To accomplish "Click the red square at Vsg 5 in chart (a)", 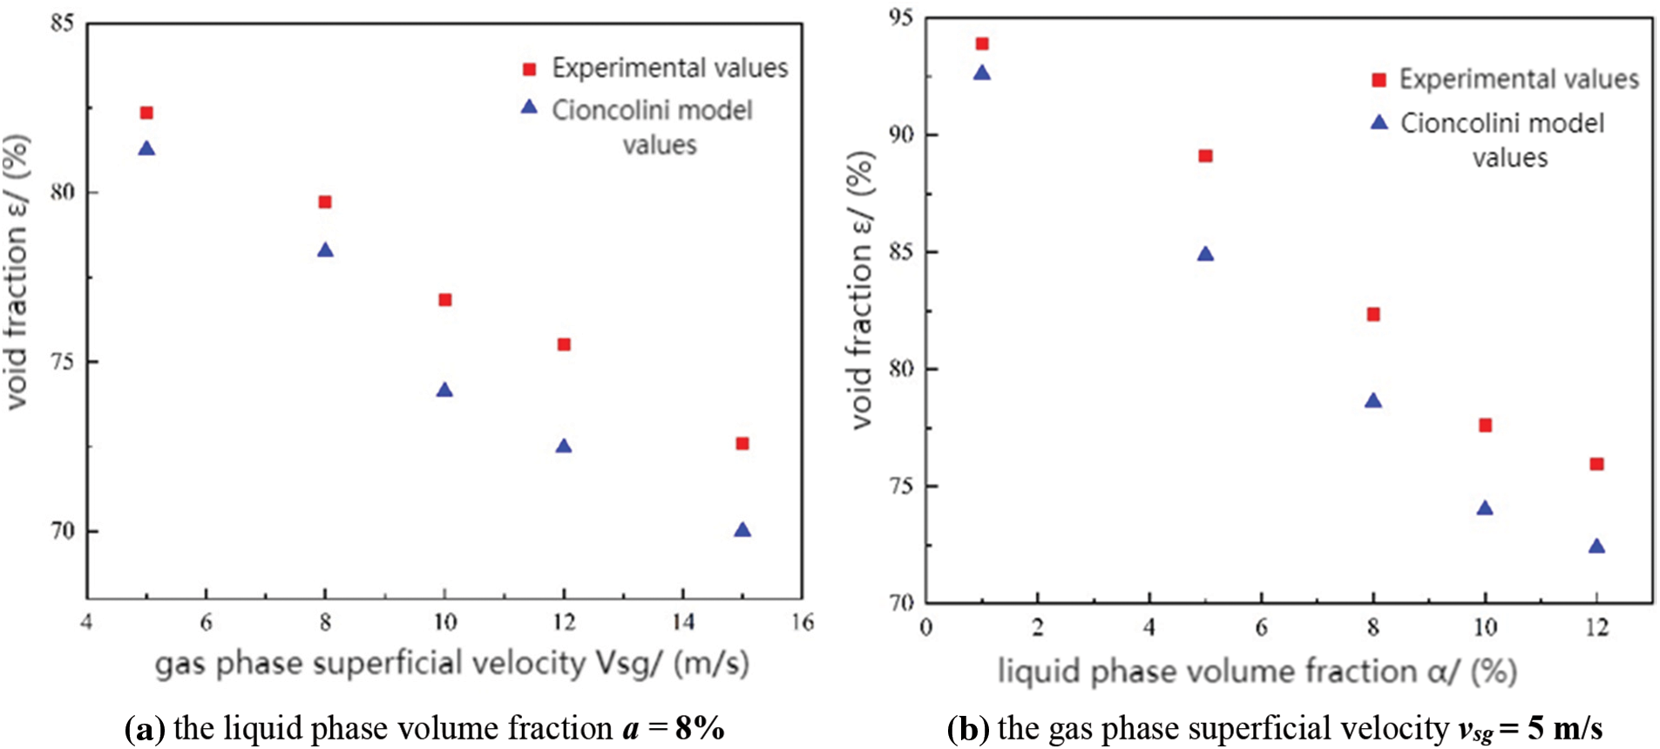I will pyautogui.click(x=146, y=112).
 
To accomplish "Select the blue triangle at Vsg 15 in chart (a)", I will pyautogui.click(x=742, y=530).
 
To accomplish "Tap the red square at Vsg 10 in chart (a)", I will pyautogui.click(x=444, y=300).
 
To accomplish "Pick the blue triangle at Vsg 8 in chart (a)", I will pyautogui.click(x=325, y=251).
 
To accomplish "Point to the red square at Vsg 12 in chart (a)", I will pyautogui.click(x=564, y=344).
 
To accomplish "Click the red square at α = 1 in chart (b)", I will pyautogui.click(x=982, y=44).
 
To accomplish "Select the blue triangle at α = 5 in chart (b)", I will pyautogui.click(x=1205, y=255).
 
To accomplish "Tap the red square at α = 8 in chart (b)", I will pyautogui.click(x=1373, y=314).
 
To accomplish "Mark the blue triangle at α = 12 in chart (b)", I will pyautogui.click(x=1596, y=547).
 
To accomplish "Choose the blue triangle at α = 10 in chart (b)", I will pyautogui.click(x=1485, y=508).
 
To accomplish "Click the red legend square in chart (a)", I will pyautogui.click(x=529, y=69).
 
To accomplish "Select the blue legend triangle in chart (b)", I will pyautogui.click(x=1379, y=123).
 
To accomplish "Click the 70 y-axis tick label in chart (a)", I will pyautogui.click(x=62, y=531).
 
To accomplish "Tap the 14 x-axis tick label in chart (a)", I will pyautogui.click(x=683, y=622).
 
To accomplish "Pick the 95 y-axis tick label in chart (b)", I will pyautogui.click(x=901, y=17).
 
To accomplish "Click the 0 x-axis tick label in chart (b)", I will pyautogui.click(x=925, y=628).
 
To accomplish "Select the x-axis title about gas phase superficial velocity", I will pyautogui.click(x=451, y=664).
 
